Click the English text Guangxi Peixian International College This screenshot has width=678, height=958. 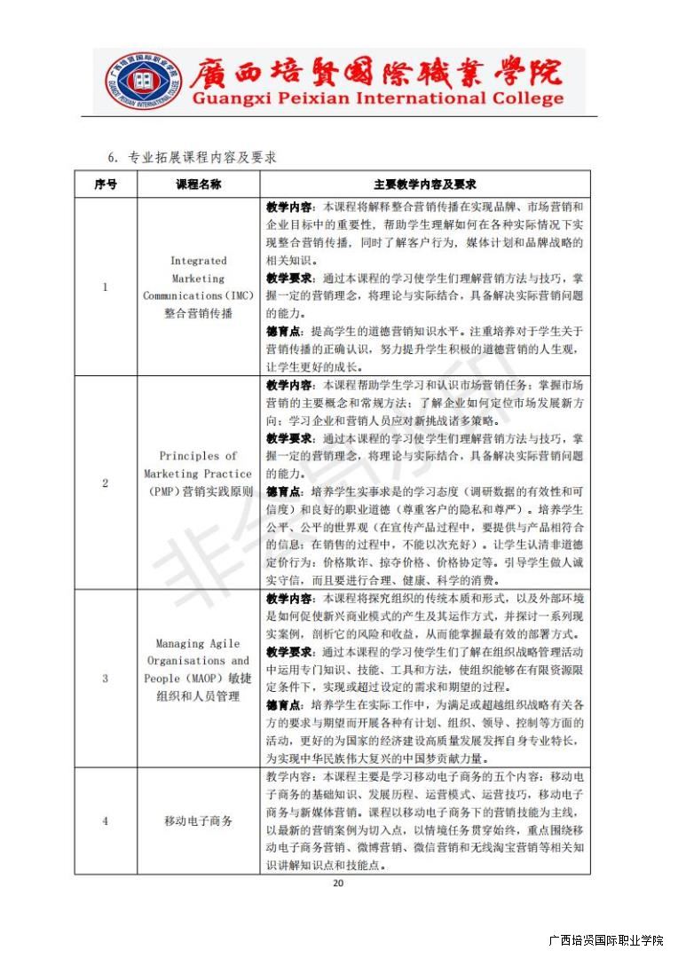(377, 98)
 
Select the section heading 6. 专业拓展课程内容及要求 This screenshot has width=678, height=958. (192, 157)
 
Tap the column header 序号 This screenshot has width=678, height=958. (105, 185)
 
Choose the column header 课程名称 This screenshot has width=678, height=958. (198, 185)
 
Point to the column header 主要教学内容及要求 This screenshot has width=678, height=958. (424, 185)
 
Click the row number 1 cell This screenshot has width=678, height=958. (105, 287)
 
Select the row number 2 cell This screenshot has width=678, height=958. (105, 483)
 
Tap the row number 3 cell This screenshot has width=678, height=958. (105, 679)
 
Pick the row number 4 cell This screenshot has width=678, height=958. (105, 821)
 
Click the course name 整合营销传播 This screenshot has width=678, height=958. (198, 313)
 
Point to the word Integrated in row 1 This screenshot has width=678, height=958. (198, 261)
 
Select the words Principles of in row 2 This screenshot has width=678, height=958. (198, 456)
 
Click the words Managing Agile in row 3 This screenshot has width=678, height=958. (198, 644)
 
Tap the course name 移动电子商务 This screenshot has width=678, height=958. (198, 821)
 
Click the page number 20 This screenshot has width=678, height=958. (337, 883)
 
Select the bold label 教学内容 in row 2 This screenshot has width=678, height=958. (288, 385)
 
